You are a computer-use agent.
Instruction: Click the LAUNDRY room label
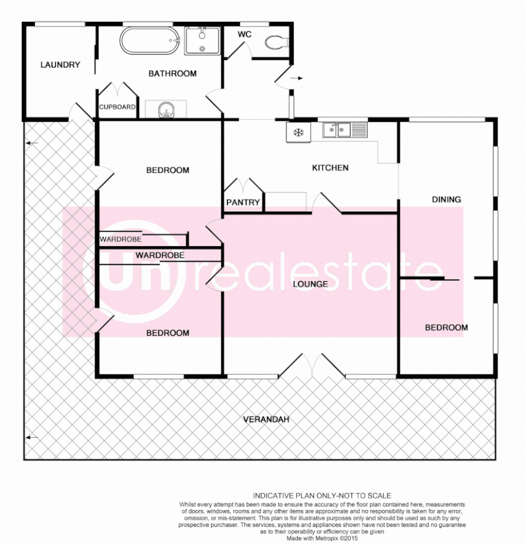click(60, 65)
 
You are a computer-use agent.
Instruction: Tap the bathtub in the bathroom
click(151, 41)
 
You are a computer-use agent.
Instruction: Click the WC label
click(244, 34)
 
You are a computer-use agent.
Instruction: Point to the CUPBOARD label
click(117, 107)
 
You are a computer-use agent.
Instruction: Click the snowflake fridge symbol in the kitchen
click(298, 132)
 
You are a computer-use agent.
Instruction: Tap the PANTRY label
click(242, 202)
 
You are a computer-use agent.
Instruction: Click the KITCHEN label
click(330, 167)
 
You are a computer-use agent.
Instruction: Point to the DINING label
click(446, 199)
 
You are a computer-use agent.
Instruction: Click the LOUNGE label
click(310, 283)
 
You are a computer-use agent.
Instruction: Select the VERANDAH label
click(264, 419)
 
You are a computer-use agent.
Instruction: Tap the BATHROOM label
click(172, 74)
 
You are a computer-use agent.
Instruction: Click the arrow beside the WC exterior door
click(297, 78)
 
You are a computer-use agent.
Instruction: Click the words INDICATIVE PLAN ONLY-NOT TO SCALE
click(322, 496)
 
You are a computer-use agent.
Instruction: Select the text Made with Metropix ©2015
click(322, 537)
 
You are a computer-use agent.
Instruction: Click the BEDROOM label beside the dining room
click(446, 328)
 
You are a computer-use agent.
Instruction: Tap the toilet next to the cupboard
click(166, 110)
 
